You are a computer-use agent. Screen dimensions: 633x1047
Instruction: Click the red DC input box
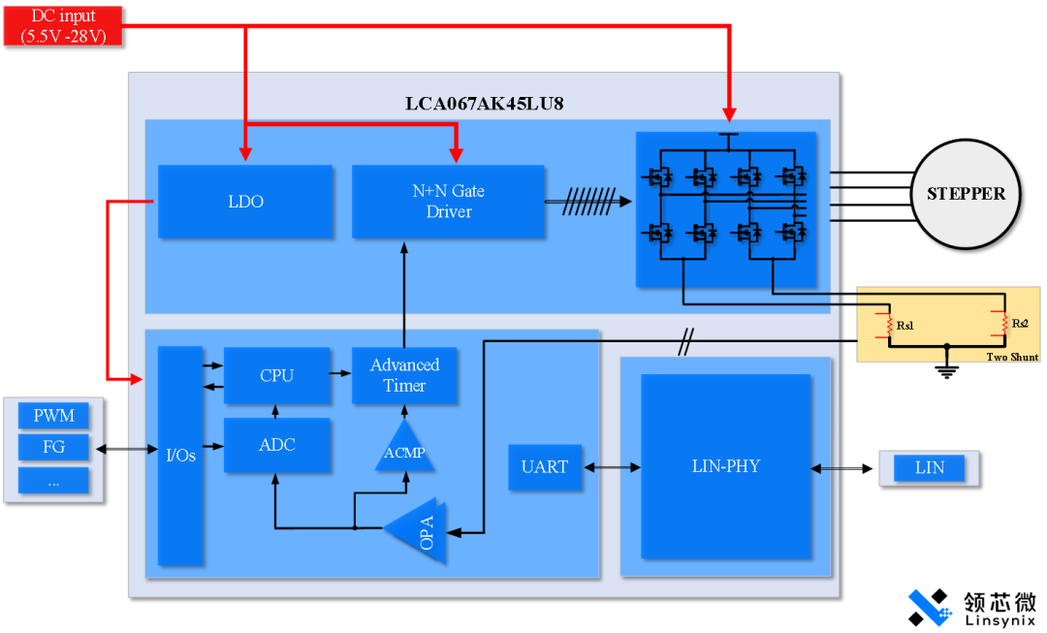(x=63, y=25)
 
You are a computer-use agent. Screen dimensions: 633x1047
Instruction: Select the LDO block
(x=245, y=202)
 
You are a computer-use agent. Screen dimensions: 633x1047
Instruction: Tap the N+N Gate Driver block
(x=448, y=202)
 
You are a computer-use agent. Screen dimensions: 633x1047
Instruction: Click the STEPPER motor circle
(x=966, y=194)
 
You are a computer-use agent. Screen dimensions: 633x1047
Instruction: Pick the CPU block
(x=276, y=375)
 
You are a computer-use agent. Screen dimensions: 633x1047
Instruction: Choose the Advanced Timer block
(x=404, y=375)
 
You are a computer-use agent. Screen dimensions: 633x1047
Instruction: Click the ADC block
(x=276, y=445)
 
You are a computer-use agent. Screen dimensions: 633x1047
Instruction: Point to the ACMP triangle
(x=404, y=450)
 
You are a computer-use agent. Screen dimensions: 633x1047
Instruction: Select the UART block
(x=544, y=467)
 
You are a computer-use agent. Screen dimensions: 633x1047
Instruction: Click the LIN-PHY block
(x=725, y=466)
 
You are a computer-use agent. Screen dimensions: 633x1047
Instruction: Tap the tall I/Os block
(x=180, y=455)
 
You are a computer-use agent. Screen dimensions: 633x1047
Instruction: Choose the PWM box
(x=53, y=416)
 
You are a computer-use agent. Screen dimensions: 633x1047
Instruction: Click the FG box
(x=53, y=448)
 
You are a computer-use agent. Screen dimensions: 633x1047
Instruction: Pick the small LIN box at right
(x=929, y=468)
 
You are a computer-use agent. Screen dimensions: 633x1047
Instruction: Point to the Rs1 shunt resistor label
(x=905, y=326)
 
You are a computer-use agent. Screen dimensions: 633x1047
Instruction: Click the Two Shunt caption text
(x=1012, y=357)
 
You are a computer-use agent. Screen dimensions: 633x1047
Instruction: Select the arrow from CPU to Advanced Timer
(x=340, y=373)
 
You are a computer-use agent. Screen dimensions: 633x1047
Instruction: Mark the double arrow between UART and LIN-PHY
(x=611, y=467)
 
